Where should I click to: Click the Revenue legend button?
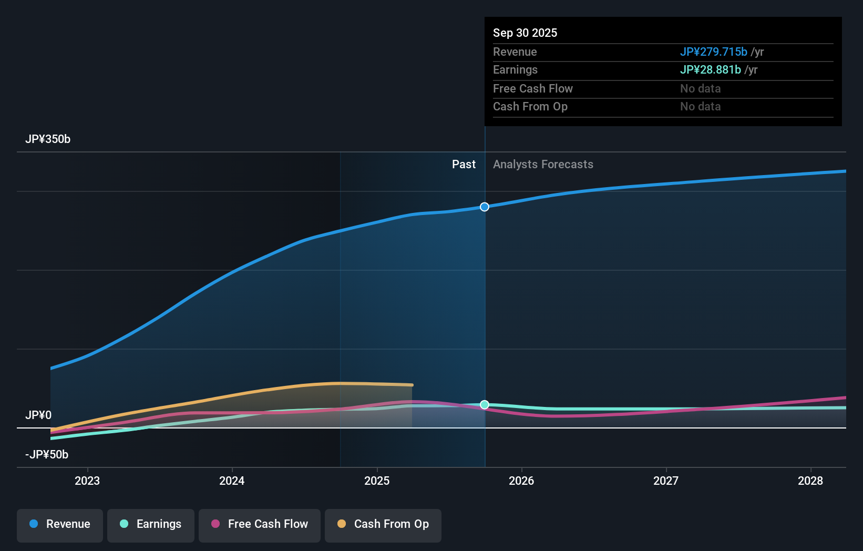[x=60, y=524]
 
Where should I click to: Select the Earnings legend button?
[x=151, y=524]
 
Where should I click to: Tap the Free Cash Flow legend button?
[x=260, y=524]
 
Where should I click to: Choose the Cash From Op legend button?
[x=383, y=524]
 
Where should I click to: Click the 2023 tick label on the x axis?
[x=87, y=481]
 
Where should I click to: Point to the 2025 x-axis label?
[x=377, y=481]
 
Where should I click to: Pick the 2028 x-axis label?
[x=810, y=481]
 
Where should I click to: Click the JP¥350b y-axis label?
[x=48, y=139]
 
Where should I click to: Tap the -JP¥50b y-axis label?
[x=47, y=455]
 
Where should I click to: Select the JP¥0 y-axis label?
[x=38, y=415]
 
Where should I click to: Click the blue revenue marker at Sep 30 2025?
[x=485, y=207]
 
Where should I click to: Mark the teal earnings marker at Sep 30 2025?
[x=485, y=405]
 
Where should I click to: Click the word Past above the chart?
[x=464, y=165]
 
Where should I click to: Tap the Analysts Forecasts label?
[x=543, y=165]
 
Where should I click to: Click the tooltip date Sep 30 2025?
[x=525, y=33]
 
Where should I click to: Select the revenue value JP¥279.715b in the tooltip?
[x=713, y=52]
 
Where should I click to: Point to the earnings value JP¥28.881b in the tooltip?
[x=710, y=70]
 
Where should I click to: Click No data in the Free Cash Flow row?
[x=700, y=89]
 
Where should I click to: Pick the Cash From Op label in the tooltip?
[x=530, y=107]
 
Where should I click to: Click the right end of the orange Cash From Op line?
[x=412, y=385]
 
